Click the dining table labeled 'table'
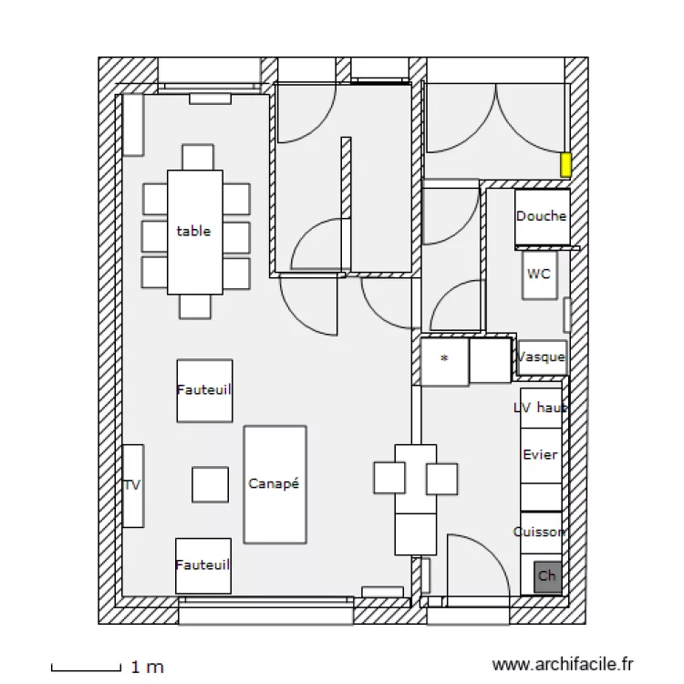194,232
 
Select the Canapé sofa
275,484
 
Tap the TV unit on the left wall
133,485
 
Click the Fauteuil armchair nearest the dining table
204,390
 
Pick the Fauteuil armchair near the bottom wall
203,565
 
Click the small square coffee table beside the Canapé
210,484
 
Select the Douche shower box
542,217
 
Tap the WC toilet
539,275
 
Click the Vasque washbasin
542,358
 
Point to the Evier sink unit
540,454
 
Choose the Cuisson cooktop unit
540,532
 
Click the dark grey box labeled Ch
547,575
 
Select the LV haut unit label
540,408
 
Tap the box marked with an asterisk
444,361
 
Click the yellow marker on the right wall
565,165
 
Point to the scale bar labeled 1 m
86,668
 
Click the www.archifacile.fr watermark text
562,666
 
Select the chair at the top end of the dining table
197,157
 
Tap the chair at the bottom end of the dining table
195,306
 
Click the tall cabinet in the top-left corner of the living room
133,124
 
